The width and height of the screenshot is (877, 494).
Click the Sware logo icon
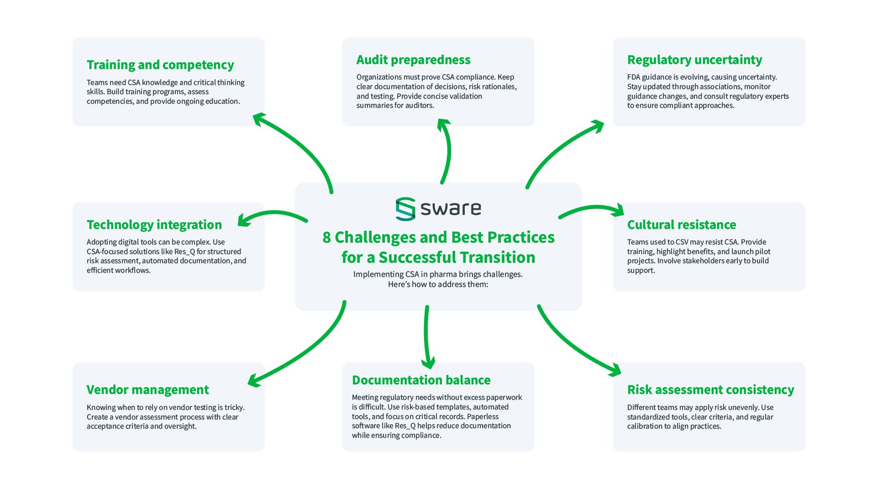(405, 209)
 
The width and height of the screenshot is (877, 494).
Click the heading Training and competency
(160, 65)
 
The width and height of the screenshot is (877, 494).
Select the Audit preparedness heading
(413, 60)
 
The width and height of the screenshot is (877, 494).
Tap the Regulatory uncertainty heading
(694, 60)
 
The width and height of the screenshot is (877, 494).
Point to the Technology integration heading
(154, 225)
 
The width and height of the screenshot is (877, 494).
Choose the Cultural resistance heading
(681, 225)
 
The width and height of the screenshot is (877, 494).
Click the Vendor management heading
(147, 390)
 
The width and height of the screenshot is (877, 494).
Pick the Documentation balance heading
(421, 380)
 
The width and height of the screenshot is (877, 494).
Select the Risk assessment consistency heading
(710, 390)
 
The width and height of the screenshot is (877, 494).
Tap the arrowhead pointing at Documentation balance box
(428, 364)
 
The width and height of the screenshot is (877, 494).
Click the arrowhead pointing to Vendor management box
(254, 380)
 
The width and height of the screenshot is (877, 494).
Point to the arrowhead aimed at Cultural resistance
(619, 211)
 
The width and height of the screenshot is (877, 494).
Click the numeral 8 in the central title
(326, 238)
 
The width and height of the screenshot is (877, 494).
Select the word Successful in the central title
(457, 258)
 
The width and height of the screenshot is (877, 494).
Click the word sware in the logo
(451, 209)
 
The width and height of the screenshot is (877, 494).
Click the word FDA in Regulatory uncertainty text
(634, 77)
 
